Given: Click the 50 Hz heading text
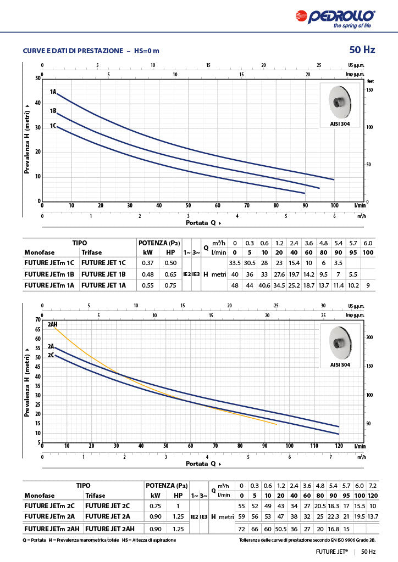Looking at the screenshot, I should (362, 50).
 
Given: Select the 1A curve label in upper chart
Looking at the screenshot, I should (53, 92).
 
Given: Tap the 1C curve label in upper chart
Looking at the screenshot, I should (53, 126).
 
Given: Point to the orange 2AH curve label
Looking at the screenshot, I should (53, 324).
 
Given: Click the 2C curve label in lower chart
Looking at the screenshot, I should (51, 355).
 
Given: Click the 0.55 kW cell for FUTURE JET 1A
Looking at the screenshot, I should (148, 285).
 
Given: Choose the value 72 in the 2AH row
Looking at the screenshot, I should (240, 529).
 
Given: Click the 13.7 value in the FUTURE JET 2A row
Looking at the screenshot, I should (373, 516).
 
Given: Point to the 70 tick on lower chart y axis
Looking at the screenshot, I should (38, 319).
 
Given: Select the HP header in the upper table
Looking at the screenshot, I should (170, 252).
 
